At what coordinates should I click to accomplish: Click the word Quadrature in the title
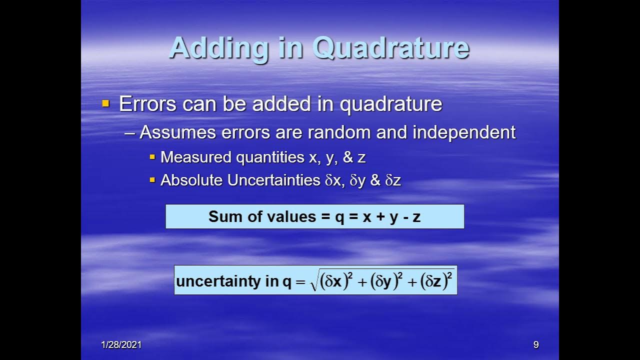coord(390,48)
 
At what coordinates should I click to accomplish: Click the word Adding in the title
coord(219,48)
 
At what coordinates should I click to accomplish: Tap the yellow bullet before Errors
coord(105,104)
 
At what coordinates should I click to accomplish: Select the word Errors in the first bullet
coord(147,104)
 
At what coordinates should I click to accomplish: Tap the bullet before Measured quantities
coord(152,157)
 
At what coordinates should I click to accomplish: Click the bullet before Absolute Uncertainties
coord(152,180)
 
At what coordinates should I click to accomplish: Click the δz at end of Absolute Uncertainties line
coord(393,180)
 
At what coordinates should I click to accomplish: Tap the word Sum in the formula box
coord(221,216)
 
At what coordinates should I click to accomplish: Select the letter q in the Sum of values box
coord(339,217)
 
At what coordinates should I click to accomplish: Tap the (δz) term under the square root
coord(433,281)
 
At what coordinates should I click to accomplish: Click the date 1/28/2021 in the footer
coord(121,344)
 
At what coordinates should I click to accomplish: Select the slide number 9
coord(535,344)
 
